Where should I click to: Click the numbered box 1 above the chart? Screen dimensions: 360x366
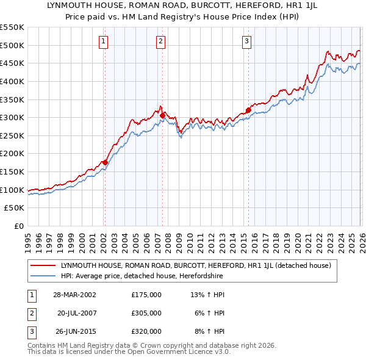pos(104,41)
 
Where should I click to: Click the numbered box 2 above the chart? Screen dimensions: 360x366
pos(160,41)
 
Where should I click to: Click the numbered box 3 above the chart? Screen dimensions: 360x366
pos(246,41)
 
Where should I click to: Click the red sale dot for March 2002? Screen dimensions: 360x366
pos(105,162)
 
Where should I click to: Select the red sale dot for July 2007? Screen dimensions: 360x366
pos(162,115)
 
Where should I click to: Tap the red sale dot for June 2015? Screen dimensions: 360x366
pos(248,110)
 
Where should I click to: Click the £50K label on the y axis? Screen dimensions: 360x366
pos(15,208)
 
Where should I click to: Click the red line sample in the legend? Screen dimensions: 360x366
pos(44,265)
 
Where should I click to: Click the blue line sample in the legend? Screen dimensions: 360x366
pos(44,276)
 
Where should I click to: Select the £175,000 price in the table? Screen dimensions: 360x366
pos(146,295)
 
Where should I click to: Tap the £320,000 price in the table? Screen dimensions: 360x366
pos(146,331)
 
